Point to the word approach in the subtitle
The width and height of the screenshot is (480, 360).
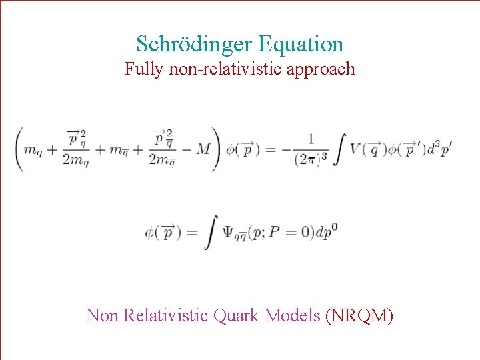321,69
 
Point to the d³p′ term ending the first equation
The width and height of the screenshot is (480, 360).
439,149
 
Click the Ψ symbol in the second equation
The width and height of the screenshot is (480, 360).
227,232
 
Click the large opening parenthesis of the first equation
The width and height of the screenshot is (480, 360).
18,149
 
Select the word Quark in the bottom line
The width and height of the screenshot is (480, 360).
237,315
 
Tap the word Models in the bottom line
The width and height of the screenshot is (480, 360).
293,315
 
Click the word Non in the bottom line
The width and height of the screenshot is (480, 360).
102,315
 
